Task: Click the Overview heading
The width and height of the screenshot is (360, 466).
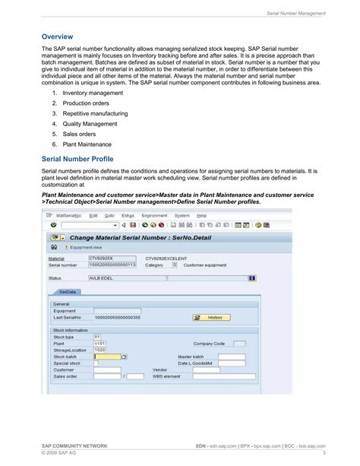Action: click(57, 36)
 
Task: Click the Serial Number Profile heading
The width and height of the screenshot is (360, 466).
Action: click(77, 160)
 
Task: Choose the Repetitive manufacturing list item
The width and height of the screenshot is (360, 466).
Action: click(96, 113)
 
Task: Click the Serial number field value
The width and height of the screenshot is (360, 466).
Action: click(112, 265)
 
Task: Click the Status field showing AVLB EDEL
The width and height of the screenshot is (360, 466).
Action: click(112, 278)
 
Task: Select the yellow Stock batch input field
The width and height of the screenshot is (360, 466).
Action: click(108, 356)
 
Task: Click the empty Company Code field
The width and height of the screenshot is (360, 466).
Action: click(239, 344)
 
